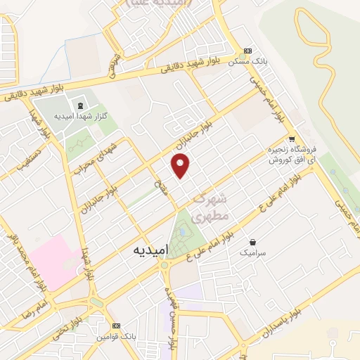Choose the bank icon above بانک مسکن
point(247,51)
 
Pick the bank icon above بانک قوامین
point(116,326)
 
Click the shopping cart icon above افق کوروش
point(292,139)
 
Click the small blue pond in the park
point(182,229)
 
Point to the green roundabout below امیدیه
point(166,266)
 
